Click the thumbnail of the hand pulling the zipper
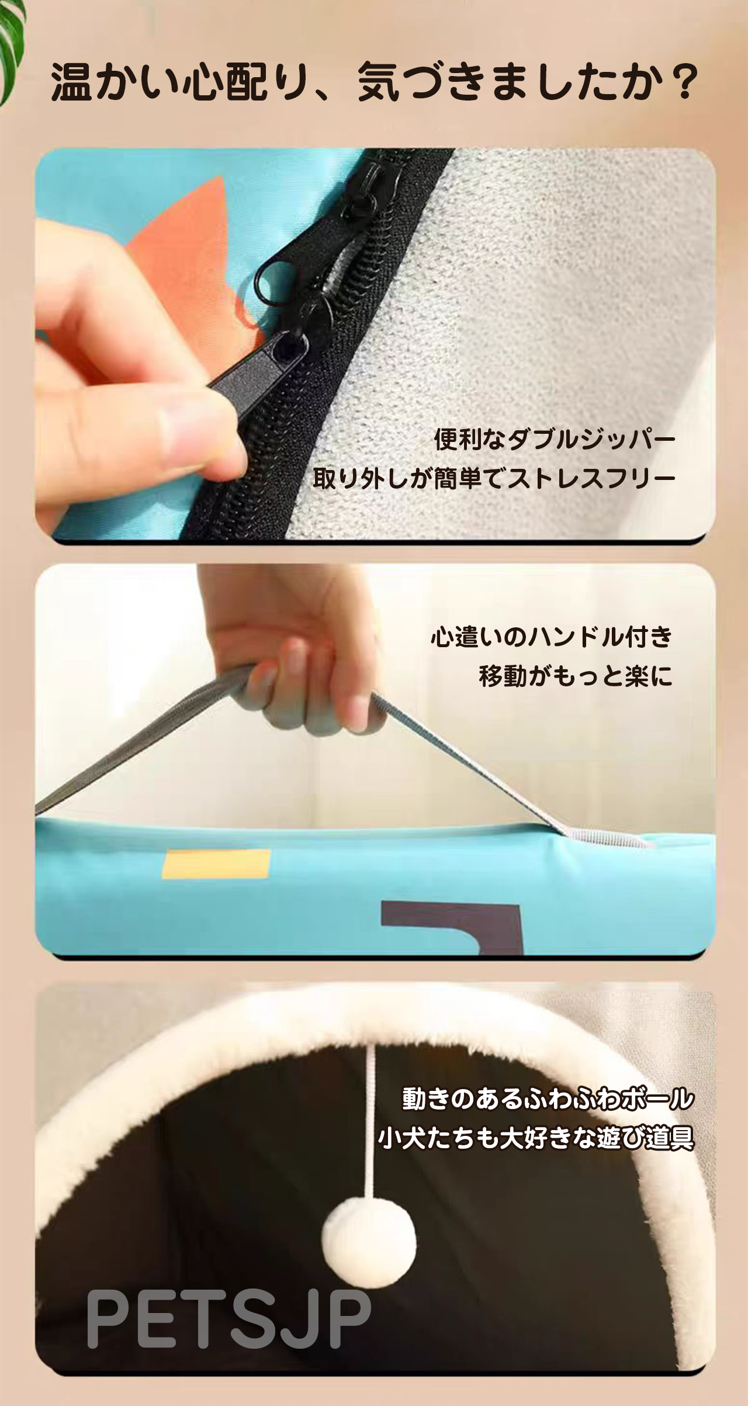375,344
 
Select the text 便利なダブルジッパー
555,440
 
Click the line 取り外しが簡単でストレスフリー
494,479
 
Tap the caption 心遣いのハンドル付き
552,637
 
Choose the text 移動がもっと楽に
576,676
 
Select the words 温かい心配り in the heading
178,82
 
